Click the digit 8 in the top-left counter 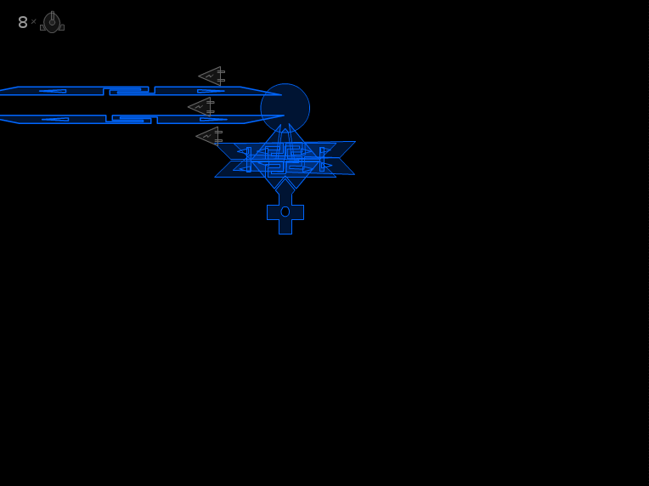pyautogui.click(x=23, y=22)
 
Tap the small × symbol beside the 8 pyautogui.click(x=33, y=21)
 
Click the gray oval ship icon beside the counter pyautogui.click(x=52, y=22)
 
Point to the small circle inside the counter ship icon pyautogui.click(x=52, y=23)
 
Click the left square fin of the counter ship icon pyautogui.click(x=42, y=28)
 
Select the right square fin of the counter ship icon pyautogui.click(x=62, y=28)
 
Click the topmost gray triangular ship pyautogui.click(x=212, y=76)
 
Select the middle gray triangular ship pyautogui.click(x=201, y=107)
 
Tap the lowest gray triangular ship pyautogui.click(x=209, y=136)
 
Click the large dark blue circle pyautogui.click(x=285, y=108)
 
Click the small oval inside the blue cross pyautogui.click(x=285, y=212)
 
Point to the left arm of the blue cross pyautogui.click(x=274, y=212)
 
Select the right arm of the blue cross pyautogui.click(x=297, y=212)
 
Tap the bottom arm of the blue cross pyautogui.click(x=285, y=227)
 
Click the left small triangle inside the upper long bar pyautogui.click(x=53, y=91)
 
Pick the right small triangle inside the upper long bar pyautogui.click(x=211, y=91)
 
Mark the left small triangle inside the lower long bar pyautogui.click(x=55, y=119)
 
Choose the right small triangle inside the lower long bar pyautogui.click(x=213, y=119)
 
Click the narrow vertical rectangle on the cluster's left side pyautogui.click(x=249, y=160)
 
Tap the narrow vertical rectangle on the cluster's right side pyautogui.click(x=322, y=160)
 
